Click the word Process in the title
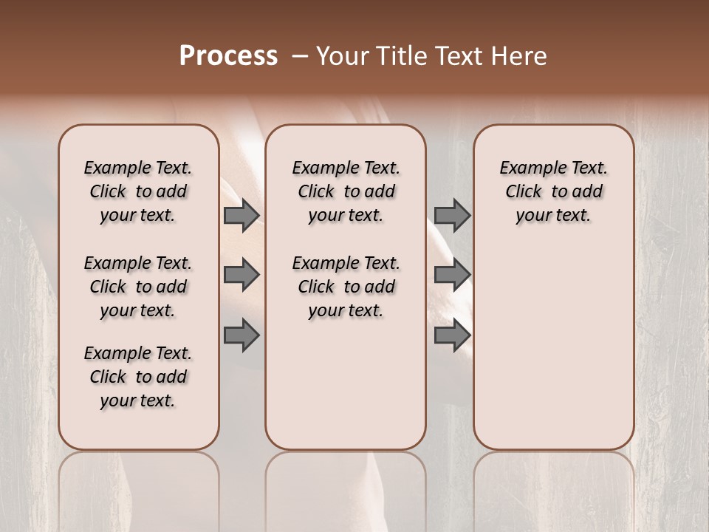click(x=228, y=56)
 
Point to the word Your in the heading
click(x=342, y=56)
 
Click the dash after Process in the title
click(x=300, y=57)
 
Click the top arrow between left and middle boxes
click(x=241, y=215)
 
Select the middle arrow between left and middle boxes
click(x=241, y=276)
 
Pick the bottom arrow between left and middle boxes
click(x=241, y=336)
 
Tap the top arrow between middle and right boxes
click(x=452, y=215)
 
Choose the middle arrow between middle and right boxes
click(x=452, y=276)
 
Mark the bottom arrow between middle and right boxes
click(x=452, y=336)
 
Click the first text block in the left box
click(x=138, y=191)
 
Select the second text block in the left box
click(x=138, y=287)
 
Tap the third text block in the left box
click(x=138, y=377)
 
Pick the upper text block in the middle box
click(x=346, y=191)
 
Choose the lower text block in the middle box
click(x=346, y=287)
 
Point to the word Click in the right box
click(x=524, y=192)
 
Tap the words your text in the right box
click(x=553, y=216)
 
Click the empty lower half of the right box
click(x=553, y=355)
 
